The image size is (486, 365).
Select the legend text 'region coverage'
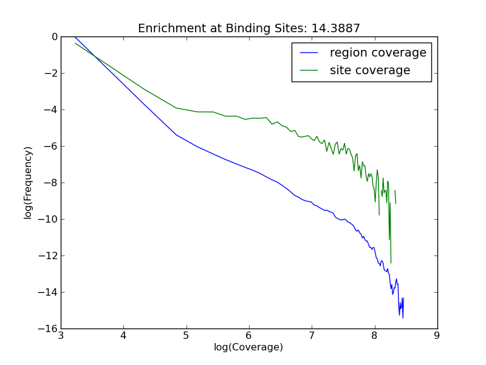[378, 53]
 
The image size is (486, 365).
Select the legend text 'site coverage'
[370, 71]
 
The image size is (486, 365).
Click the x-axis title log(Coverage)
[248, 347]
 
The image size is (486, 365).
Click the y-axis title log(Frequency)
[29, 182]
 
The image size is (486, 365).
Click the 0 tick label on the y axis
[54, 37]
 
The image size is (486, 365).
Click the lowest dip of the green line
[391, 263]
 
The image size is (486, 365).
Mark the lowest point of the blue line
[402, 318]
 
